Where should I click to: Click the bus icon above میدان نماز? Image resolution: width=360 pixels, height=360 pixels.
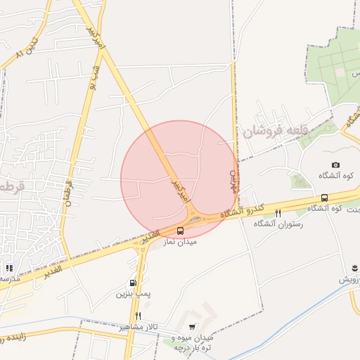(x=181, y=231)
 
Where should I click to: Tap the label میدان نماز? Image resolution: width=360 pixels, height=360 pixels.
(x=180, y=242)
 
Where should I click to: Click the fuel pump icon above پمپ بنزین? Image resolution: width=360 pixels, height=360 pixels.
(x=134, y=283)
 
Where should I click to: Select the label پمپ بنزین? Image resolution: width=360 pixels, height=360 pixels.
(x=134, y=293)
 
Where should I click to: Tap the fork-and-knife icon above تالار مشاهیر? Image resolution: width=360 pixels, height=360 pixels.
(x=138, y=316)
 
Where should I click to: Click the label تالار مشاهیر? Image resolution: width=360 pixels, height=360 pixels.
(x=139, y=328)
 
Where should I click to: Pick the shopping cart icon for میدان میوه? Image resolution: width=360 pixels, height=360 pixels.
(x=193, y=328)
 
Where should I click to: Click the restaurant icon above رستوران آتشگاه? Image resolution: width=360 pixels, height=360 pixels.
(x=278, y=213)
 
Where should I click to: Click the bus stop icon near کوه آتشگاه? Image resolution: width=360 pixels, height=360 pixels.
(x=324, y=198)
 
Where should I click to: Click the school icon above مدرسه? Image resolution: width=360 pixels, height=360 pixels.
(x=9, y=268)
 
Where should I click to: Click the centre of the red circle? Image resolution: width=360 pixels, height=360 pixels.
(x=179, y=179)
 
